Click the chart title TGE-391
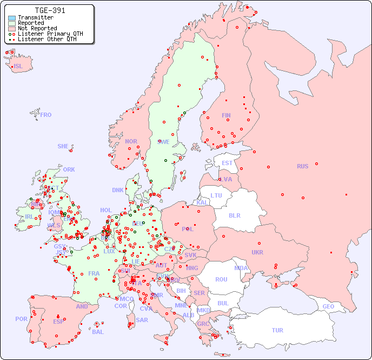(x=50, y=10)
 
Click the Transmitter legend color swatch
(x=12, y=17)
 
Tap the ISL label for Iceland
(x=18, y=67)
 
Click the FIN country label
(x=226, y=115)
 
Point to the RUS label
(x=302, y=166)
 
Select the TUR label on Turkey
(x=277, y=330)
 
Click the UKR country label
(x=257, y=252)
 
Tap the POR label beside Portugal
(x=21, y=319)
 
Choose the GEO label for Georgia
(x=328, y=306)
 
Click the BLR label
(x=234, y=215)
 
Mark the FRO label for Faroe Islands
(x=46, y=115)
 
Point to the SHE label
(x=63, y=146)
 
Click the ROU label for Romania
(x=221, y=279)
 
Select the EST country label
(x=227, y=163)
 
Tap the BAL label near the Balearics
(x=97, y=332)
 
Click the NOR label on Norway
(x=131, y=141)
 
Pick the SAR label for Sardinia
(x=142, y=320)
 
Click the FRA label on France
(x=94, y=273)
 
